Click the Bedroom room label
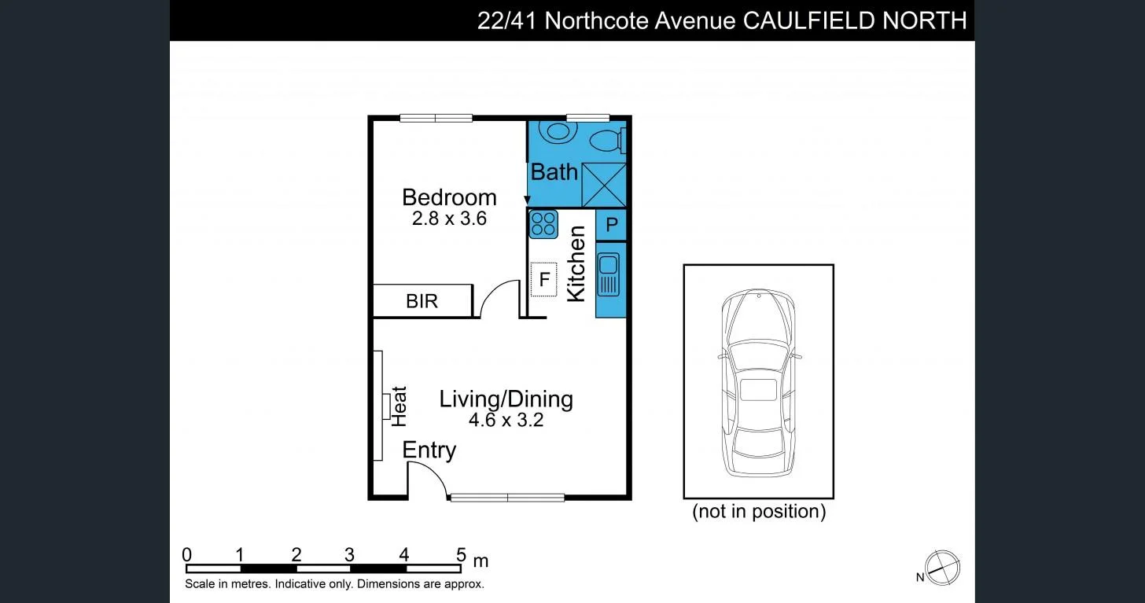point(449,197)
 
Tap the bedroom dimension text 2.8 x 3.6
point(449,219)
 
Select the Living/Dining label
point(506,399)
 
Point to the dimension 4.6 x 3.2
point(506,420)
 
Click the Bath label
point(554,171)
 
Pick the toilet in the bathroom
point(607,142)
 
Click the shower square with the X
point(604,185)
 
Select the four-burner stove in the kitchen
point(543,224)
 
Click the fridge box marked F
point(543,279)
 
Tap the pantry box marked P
point(611,226)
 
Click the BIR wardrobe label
point(422,301)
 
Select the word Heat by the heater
point(399,406)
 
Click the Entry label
point(429,450)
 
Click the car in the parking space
point(759,382)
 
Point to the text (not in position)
point(759,512)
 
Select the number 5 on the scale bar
point(461,554)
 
